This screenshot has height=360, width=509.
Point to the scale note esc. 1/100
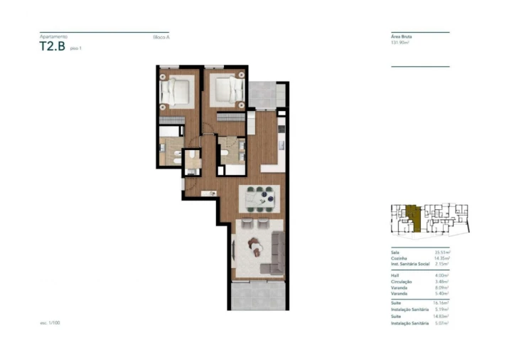(51, 322)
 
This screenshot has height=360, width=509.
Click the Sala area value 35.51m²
(442, 253)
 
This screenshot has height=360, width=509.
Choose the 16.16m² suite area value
(442, 303)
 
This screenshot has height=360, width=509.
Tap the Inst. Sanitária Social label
(409, 264)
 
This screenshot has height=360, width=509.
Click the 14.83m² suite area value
(442, 317)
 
